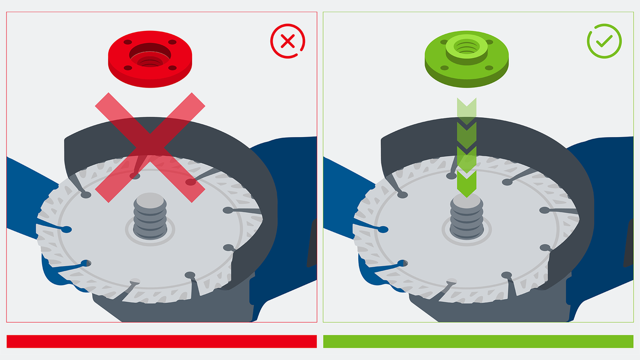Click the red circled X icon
coord(288,41)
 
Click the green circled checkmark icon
coord(604,41)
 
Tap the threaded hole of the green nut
coord(466,47)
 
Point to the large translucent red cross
coord(150,147)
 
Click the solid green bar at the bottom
coord(478,341)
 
